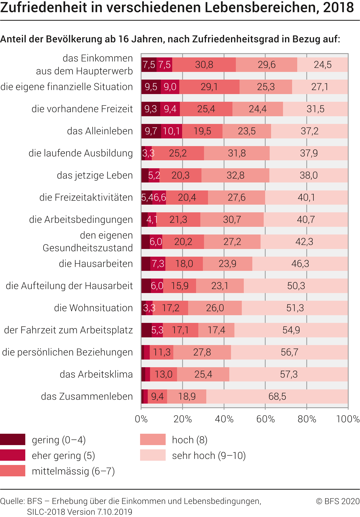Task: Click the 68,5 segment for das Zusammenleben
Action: point(277,396)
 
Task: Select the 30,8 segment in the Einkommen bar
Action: point(204,65)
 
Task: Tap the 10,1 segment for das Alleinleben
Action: point(171,131)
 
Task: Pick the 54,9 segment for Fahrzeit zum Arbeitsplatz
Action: point(291,330)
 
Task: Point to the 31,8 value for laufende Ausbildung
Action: point(237,153)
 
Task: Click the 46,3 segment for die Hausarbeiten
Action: point(300,264)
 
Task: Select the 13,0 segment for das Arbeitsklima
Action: point(163,374)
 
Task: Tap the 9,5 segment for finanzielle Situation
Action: point(151,87)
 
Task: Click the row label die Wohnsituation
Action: point(93,308)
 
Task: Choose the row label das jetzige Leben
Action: point(95,175)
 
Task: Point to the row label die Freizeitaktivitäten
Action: point(86,198)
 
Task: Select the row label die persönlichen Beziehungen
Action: point(67,352)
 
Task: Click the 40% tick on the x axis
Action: point(224,419)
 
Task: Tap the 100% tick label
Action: point(348,419)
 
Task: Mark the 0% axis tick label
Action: point(141,419)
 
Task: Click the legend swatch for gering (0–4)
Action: point(13,439)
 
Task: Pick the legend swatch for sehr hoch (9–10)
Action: point(153,455)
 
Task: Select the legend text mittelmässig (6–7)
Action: point(73,471)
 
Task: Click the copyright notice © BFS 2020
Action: point(338,501)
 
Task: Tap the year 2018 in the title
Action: point(338,8)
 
